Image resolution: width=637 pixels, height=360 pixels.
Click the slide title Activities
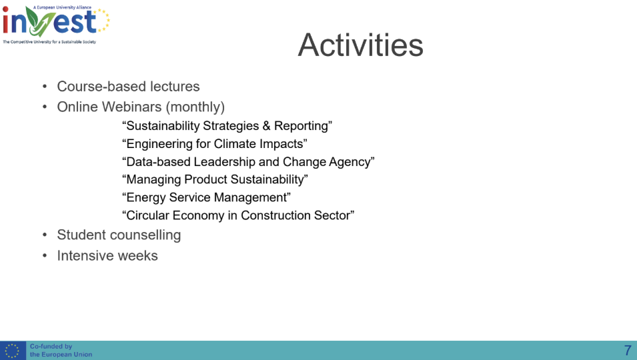(361, 45)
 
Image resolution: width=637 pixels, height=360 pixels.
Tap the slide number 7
(627, 350)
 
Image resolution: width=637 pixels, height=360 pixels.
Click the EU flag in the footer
(13, 350)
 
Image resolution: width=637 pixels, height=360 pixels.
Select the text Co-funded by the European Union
(61, 350)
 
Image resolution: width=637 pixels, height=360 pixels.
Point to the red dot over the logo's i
(5, 9)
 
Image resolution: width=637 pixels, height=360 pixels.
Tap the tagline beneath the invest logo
(49, 42)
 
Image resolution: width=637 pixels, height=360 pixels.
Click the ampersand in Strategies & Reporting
(266, 126)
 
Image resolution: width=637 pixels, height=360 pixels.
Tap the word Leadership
(225, 162)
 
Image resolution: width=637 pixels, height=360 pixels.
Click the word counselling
(145, 235)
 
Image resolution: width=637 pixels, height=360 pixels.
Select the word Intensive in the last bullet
(80, 256)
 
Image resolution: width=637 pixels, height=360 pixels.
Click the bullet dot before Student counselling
(45, 235)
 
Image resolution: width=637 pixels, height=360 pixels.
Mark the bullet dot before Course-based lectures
(45, 87)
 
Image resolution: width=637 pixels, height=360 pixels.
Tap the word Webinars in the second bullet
(131, 107)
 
